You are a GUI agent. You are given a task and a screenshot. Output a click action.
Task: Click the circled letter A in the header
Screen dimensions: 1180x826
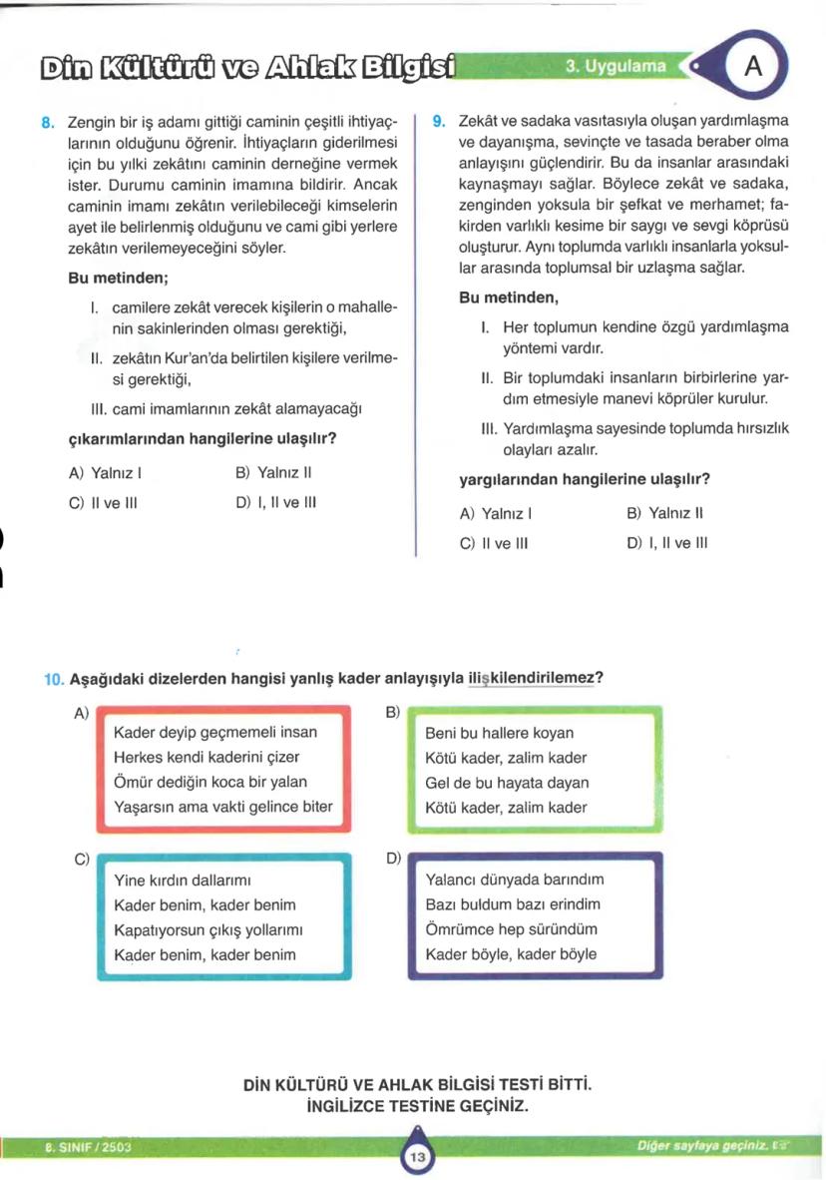[x=753, y=66]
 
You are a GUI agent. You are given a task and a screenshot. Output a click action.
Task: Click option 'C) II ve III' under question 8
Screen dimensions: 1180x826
[x=103, y=502]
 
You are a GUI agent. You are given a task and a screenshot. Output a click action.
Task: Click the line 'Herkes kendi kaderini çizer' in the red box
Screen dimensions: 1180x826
[x=206, y=757]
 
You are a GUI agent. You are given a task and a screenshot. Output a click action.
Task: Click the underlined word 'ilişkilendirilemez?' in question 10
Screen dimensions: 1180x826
[x=535, y=679]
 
